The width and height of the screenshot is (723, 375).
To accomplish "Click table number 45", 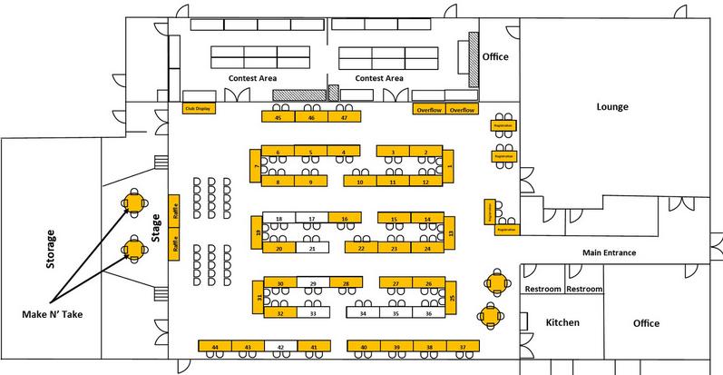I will [278, 117].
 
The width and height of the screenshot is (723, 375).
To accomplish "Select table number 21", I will [312, 248].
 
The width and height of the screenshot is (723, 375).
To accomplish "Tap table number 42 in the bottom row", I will [280, 347].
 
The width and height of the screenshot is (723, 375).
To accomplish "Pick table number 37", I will [463, 347].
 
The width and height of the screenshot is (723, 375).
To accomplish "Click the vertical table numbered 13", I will [451, 234].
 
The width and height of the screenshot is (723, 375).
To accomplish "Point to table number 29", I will [313, 284].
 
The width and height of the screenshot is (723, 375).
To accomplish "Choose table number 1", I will [451, 166].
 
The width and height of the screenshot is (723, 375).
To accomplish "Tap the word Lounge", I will [612, 106].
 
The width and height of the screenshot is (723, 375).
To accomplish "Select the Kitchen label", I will [562, 323].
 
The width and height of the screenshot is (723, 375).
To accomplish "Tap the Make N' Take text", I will [54, 315].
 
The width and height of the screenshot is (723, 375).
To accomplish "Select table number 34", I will [363, 313].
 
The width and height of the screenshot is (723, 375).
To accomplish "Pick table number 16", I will [345, 220].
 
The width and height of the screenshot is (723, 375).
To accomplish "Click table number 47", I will [343, 117].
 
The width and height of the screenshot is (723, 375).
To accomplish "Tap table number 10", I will [361, 182].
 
